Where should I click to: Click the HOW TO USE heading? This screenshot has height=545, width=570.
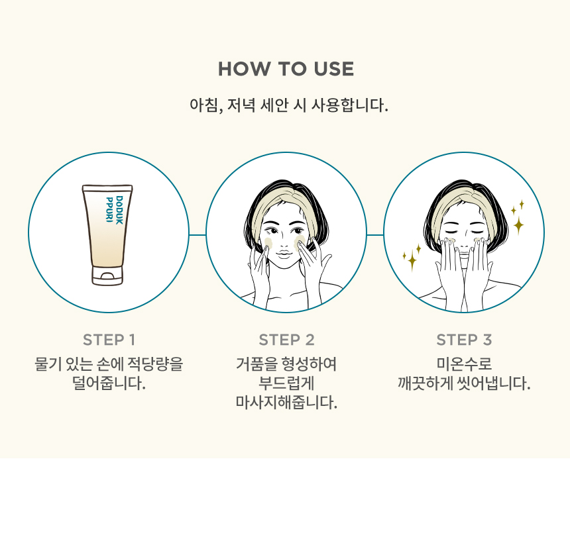click(286, 69)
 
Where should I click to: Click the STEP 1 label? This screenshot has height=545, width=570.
click(109, 340)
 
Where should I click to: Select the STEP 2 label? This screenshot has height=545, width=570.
click(286, 340)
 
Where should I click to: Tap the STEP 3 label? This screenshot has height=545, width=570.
click(464, 340)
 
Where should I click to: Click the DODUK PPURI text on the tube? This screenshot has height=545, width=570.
click(115, 209)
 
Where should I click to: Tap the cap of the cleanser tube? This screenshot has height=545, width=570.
click(107, 275)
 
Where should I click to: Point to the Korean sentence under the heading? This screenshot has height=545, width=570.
click(289, 105)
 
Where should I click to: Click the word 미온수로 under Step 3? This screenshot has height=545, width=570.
click(464, 364)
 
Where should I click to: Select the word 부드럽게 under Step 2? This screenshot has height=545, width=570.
click(286, 383)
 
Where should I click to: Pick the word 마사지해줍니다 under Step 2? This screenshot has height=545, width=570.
click(286, 403)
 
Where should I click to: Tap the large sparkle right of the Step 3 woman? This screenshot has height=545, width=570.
click(518, 225)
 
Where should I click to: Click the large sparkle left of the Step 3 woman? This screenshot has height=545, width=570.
click(412, 260)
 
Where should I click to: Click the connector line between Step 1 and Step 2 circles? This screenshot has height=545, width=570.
click(198, 234)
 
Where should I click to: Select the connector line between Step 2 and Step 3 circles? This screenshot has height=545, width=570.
click(375, 234)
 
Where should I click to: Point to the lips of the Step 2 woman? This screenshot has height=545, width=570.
click(284, 254)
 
